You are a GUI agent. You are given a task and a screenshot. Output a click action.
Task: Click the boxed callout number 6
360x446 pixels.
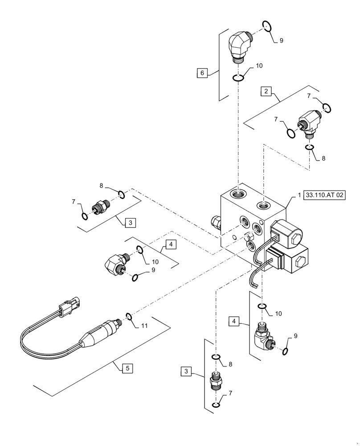point(202,73)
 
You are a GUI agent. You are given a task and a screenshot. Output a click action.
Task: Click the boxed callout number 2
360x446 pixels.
point(266,91)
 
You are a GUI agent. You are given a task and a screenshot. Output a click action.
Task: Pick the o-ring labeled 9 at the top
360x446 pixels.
point(266,27)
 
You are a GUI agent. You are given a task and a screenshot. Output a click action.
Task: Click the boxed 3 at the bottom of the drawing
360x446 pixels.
point(187,371)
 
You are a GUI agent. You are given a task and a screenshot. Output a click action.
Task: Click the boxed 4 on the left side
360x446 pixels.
point(169,244)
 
